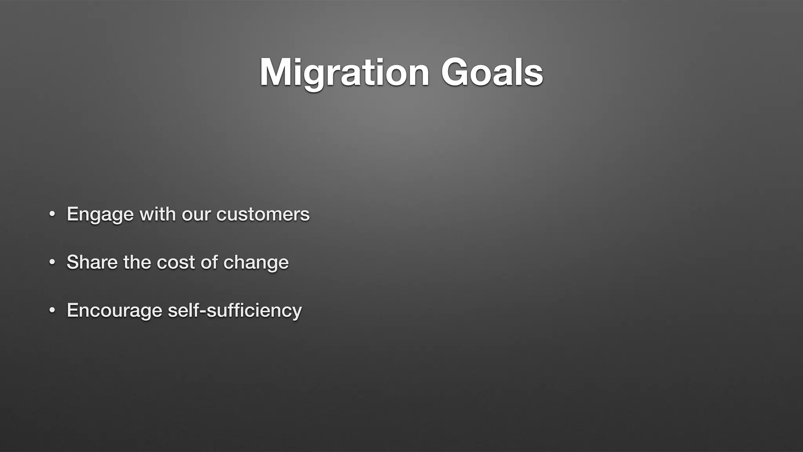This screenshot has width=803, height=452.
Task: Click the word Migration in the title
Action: pyautogui.click(x=344, y=73)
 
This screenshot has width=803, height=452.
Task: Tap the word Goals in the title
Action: pyautogui.click(x=492, y=73)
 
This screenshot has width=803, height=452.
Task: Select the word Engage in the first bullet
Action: pyautogui.click(x=100, y=215)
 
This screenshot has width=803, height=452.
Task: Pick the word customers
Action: pyautogui.click(x=263, y=214)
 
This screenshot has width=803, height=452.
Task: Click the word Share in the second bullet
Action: pyautogui.click(x=92, y=262)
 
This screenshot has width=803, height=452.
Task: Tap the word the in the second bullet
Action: pyautogui.click(x=137, y=262)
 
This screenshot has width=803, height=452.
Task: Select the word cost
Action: pyautogui.click(x=176, y=262)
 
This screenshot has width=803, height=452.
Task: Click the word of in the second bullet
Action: pyautogui.click(x=209, y=262)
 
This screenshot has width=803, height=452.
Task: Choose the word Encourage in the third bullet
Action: pyautogui.click(x=114, y=311)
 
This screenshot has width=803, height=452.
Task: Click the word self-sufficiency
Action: pyautogui.click(x=234, y=311)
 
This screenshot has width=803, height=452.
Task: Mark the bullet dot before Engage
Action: pyautogui.click(x=52, y=215)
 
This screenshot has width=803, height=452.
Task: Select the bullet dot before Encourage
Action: pyautogui.click(x=52, y=311)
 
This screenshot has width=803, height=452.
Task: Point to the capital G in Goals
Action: pyautogui.click(x=455, y=73)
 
